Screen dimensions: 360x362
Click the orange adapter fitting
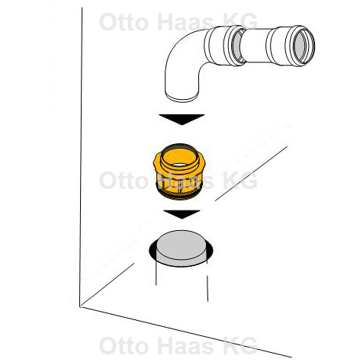pyautogui.click(x=179, y=171)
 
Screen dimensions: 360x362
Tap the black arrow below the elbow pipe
pyautogui.click(x=182, y=119)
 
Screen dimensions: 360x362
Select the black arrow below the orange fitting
pyautogui.click(x=182, y=214)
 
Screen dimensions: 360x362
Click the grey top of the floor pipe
pyautogui.click(x=182, y=245)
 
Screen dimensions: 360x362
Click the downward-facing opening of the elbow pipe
pyautogui.click(x=182, y=97)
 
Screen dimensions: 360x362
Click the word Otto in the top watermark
pyautogui.click(x=124, y=22)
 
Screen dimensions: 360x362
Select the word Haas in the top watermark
pyautogui.click(x=186, y=22)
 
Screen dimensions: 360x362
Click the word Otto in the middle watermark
pyautogui.click(x=124, y=180)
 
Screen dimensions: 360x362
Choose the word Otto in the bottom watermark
pyautogui.click(x=124, y=345)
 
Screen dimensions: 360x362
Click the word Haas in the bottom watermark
pyautogui.click(x=186, y=345)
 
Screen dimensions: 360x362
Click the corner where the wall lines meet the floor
pyautogui.click(x=80, y=306)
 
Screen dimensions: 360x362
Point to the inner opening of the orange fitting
pyautogui.click(x=179, y=158)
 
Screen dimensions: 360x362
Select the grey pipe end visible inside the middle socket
pyautogui.click(x=238, y=46)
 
